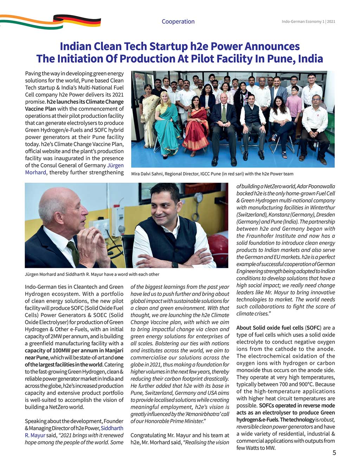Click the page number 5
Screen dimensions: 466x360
(x=334, y=452)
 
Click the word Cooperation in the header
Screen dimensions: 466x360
(x=178, y=21)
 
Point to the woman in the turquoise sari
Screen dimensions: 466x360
(x=167, y=123)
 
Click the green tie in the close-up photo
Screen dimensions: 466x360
(x=73, y=253)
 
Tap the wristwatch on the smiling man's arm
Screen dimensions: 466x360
(x=175, y=264)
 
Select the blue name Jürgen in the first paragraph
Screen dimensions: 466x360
(x=116, y=165)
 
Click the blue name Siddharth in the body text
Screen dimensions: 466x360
(x=112, y=428)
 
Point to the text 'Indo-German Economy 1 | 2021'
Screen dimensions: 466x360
(x=308, y=21)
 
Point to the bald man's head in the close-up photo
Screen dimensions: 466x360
(x=58, y=204)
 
